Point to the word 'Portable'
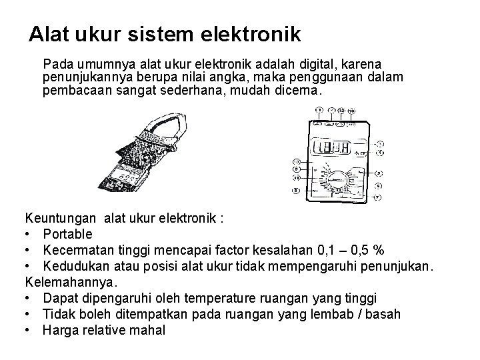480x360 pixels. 68,235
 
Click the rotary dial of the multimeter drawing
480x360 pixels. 340,180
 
